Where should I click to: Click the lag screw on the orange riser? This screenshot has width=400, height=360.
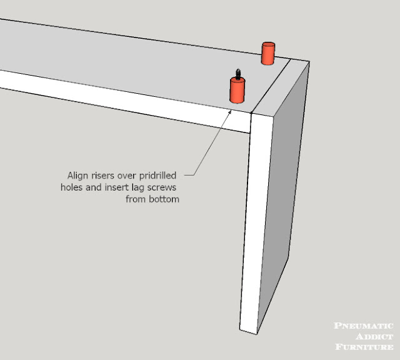[x=238, y=74]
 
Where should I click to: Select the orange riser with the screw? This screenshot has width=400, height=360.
[x=237, y=91]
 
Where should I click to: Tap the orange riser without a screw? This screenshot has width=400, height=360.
[x=268, y=53]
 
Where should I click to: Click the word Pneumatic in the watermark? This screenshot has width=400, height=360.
[x=364, y=326]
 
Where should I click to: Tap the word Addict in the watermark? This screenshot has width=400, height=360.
[x=374, y=336]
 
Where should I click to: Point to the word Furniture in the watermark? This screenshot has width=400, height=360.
[x=364, y=347]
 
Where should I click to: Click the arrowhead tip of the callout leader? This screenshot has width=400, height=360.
[x=231, y=110]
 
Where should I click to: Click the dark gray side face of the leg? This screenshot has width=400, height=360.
[x=283, y=194]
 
